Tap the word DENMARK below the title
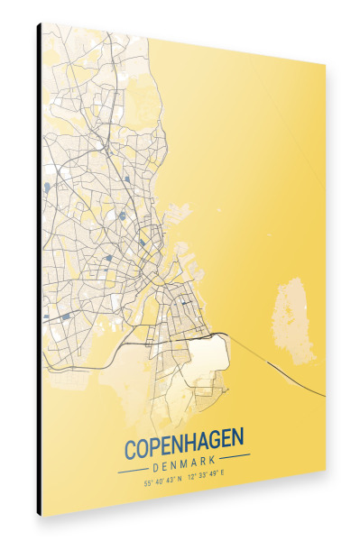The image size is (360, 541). pos(184,465)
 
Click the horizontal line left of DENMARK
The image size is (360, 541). pos(134,469)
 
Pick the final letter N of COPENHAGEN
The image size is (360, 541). pos(237,443)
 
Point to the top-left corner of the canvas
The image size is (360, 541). pos(42,23)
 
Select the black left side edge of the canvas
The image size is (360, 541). pos(39,270)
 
